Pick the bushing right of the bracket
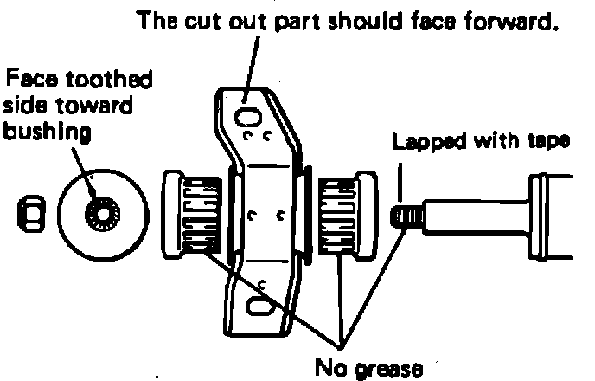point(345,216)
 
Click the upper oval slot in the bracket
point(250,114)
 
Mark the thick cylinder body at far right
point(553,215)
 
